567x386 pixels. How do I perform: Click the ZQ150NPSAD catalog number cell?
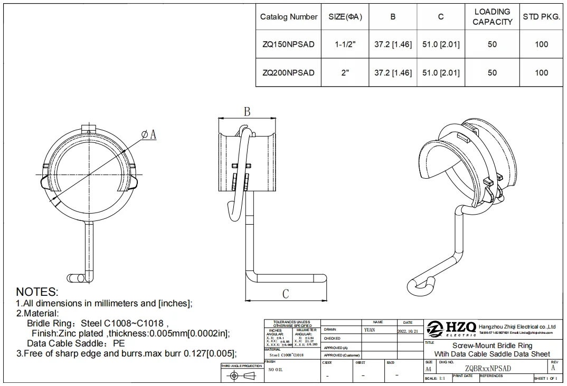[x=288, y=44]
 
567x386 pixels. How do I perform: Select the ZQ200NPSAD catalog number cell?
[x=288, y=73]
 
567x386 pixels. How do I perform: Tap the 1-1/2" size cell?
[x=345, y=44]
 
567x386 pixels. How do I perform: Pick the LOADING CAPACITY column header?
[x=492, y=17]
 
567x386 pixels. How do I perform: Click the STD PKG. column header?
[x=541, y=17]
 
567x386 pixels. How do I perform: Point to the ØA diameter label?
[x=149, y=135]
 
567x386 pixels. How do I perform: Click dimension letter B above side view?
[x=247, y=112]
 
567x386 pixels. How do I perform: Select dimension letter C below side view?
[x=285, y=294]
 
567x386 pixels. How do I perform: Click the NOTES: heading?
[x=37, y=292]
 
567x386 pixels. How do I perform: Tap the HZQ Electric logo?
[x=451, y=329]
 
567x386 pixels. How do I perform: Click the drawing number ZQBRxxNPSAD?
[x=488, y=369]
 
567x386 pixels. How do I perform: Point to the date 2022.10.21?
[x=408, y=331]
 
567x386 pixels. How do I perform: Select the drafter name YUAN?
[x=370, y=330]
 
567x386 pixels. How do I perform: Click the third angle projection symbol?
[x=241, y=375]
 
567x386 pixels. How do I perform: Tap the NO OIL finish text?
[x=275, y=370]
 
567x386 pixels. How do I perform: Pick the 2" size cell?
[x=345, y=73]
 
